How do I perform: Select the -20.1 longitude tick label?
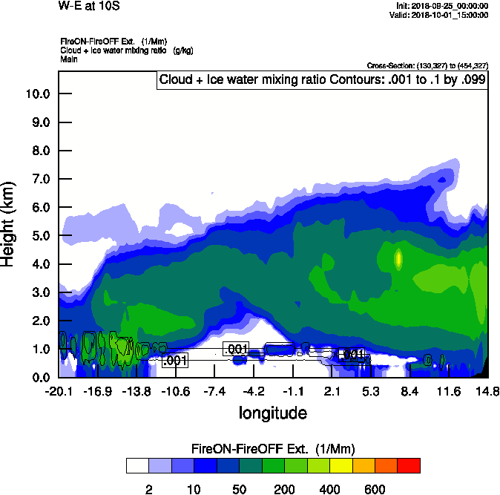59,391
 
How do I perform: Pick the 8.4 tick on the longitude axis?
410,391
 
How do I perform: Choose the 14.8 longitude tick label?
487,391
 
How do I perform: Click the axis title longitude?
272,412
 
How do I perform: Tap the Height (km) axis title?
9,223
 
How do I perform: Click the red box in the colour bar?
409,466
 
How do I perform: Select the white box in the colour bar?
137,466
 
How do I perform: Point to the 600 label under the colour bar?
375,489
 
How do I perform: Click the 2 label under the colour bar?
148,489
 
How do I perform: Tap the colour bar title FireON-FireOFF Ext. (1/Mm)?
273,448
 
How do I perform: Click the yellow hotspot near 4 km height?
398,259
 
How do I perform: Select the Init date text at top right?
443,6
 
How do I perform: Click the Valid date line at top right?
443,15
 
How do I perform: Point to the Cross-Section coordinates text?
427,65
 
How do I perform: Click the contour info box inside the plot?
322,79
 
